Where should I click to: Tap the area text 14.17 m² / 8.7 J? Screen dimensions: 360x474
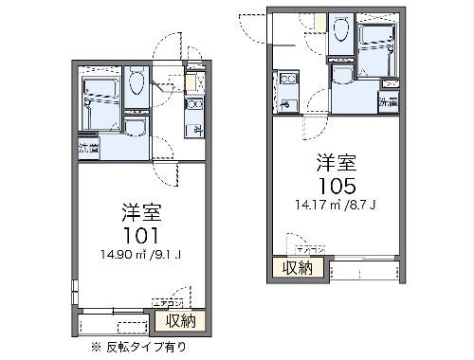(x=339, y=201)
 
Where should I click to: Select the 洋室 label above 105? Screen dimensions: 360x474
(x=339, y=161)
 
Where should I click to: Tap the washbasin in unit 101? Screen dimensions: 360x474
(x=134, y=130)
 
